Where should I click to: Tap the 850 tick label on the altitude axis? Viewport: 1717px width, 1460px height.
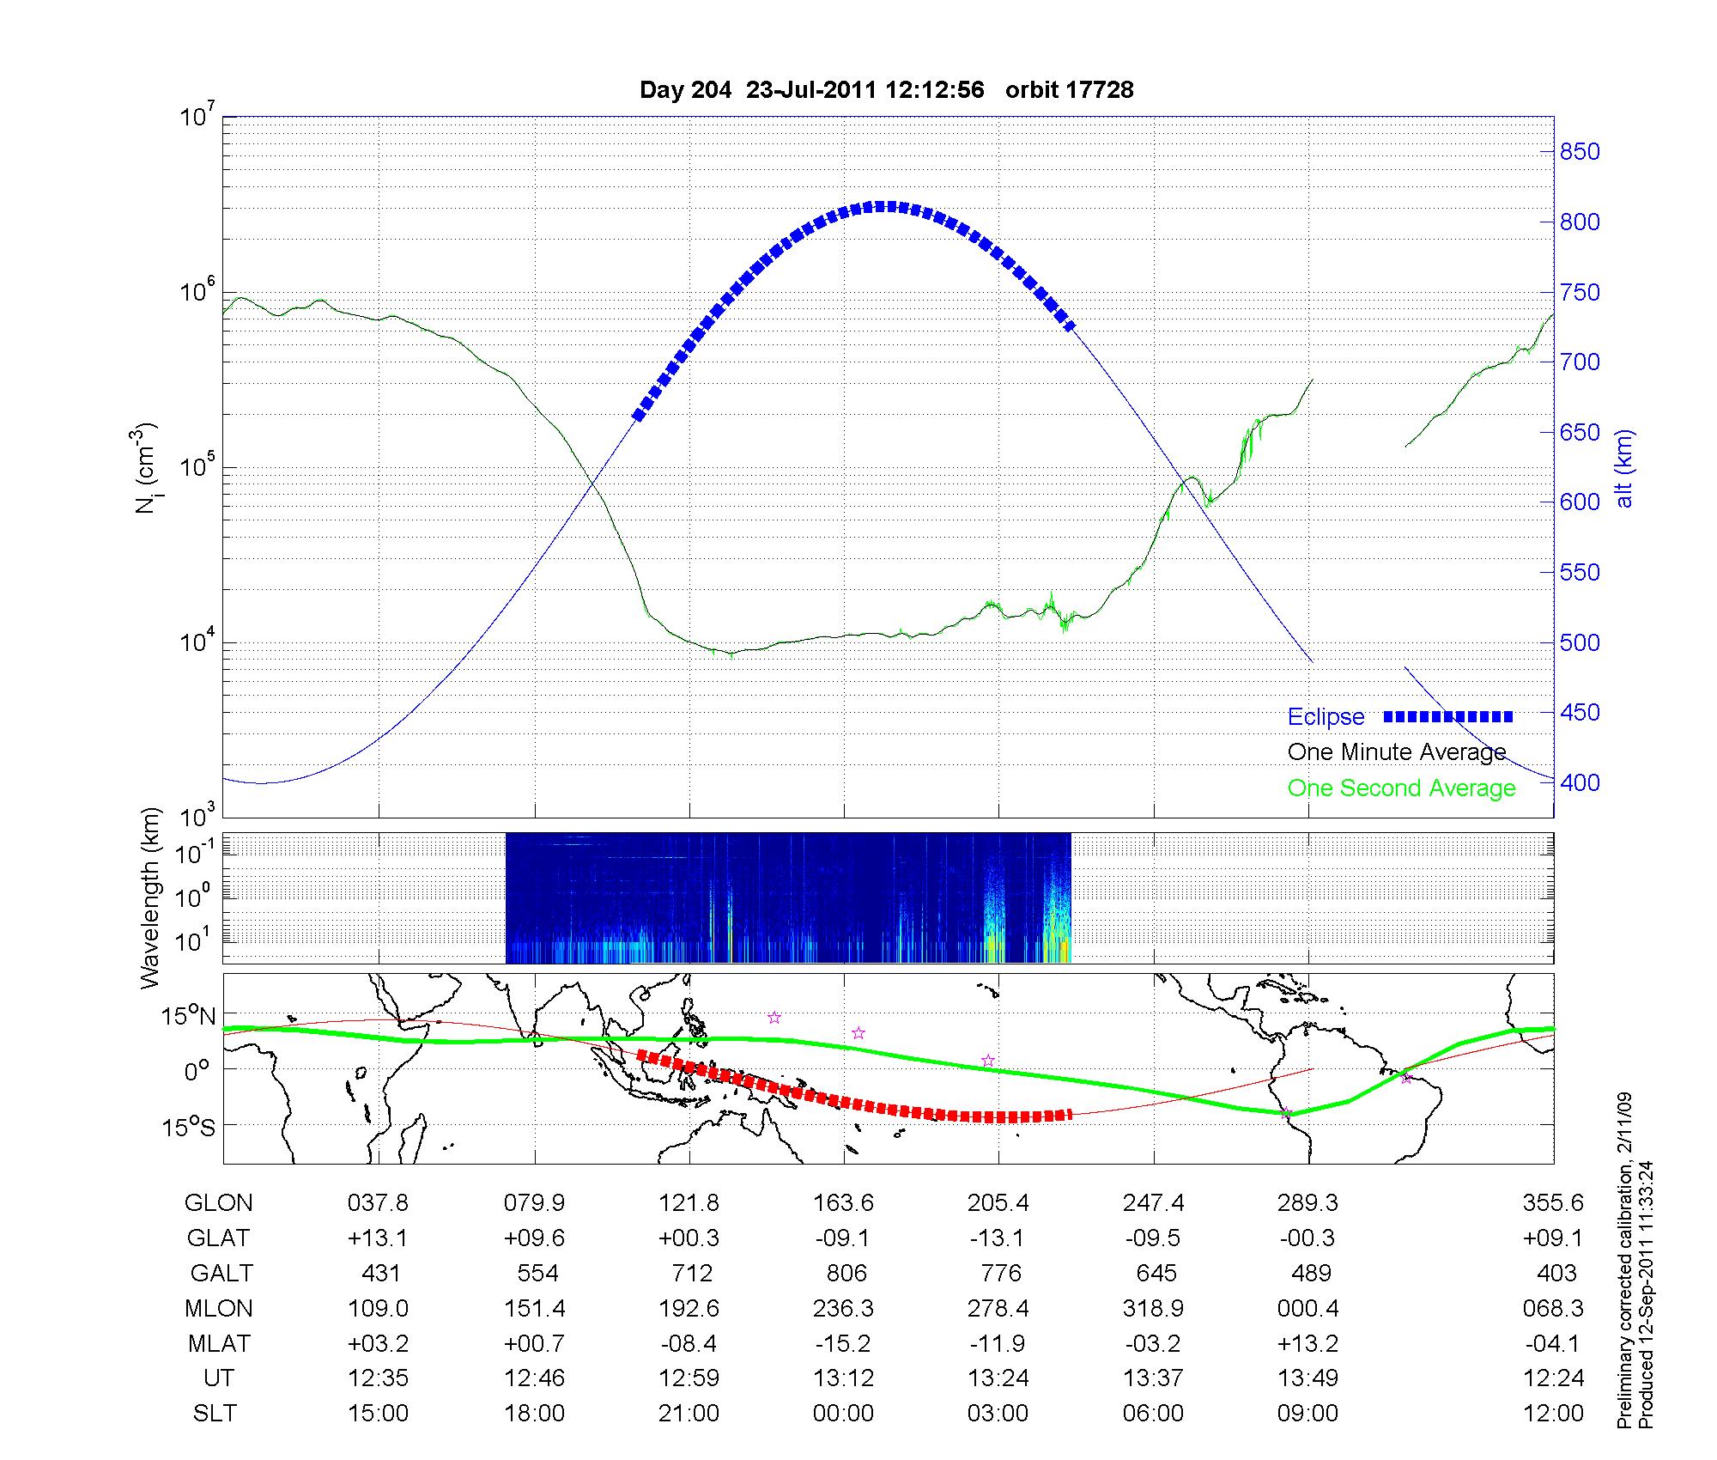[x=1580, y=152]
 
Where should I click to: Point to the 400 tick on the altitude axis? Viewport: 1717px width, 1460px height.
[x=1580, y=782]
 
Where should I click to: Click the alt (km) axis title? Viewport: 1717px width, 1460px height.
[x=1624, y=468]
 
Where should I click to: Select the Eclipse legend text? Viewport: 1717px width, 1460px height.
[x=1326, y=717]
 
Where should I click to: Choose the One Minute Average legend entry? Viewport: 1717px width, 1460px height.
[x=1397, y=752]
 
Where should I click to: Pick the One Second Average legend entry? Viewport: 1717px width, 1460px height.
[x=1401, y=788]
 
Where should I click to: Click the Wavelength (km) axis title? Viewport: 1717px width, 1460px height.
[x=150, y=897]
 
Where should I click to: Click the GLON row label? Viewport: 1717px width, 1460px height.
[x=218, y=1202]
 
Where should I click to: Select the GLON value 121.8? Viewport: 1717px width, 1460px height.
[x=689, y=1202]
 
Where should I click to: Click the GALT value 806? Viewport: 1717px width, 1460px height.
[x=845, y=1273]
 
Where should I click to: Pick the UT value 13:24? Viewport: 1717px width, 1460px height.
[x=998, y=1378]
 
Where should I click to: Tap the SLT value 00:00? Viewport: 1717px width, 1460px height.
[x=844, y=1413]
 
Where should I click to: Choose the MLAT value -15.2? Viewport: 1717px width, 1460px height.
[x=844, y=1342]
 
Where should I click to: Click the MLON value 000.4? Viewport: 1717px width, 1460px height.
[x=1308, y=1308]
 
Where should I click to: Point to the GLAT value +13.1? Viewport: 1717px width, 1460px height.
[x=379, y=1238]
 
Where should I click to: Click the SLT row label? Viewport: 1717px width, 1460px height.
[x=215, y=1413]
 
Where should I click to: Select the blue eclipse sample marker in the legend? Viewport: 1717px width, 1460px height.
[x=1448, y=716]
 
